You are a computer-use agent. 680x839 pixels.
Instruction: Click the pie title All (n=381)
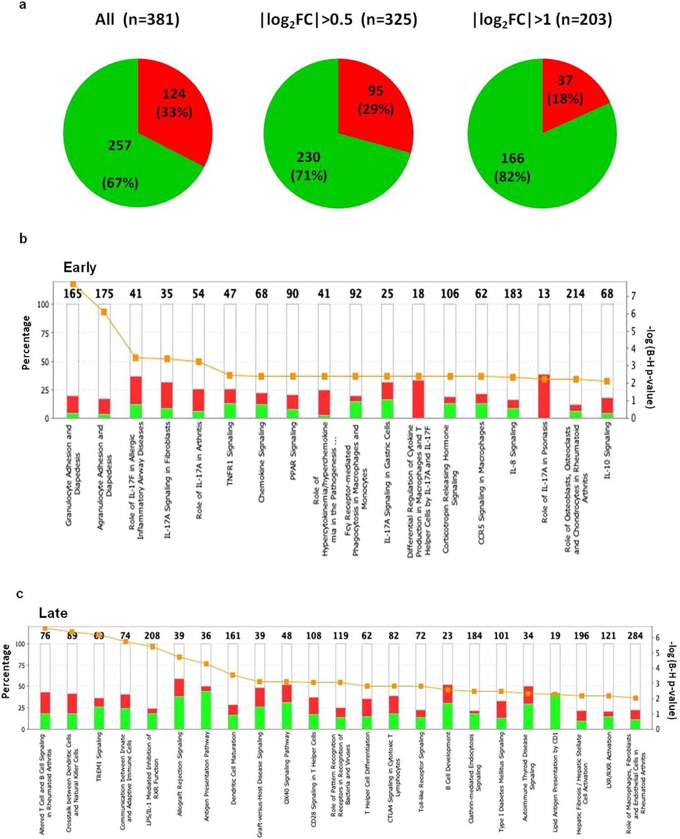(x=137, y=19)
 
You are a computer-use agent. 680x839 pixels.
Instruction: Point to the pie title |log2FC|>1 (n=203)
(x=542, y=19)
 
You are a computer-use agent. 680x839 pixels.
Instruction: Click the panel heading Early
(x=80, y=267)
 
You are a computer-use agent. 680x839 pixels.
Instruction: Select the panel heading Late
(x=53, y=613)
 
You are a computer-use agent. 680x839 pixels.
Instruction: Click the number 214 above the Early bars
(x=575, y=294)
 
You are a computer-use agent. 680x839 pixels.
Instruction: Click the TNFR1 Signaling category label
(x=230, y=453)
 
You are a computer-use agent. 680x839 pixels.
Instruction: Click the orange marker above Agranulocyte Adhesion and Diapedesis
(x=104, y=312)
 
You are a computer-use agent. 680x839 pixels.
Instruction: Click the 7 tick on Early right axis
(x=633, y=296)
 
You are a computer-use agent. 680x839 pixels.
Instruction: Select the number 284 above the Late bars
(x=635, y=636)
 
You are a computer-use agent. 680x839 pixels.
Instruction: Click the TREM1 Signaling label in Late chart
(x=99, y=756)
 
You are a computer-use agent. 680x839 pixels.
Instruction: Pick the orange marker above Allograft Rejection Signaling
(x=179, y=657)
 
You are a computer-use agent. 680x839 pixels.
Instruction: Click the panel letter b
(x=23, y=239)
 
